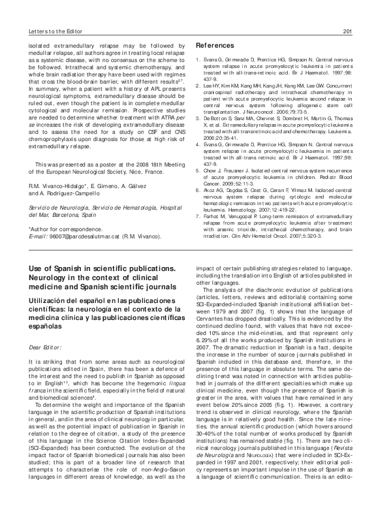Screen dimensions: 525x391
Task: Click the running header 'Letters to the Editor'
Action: tap(61, 30)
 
